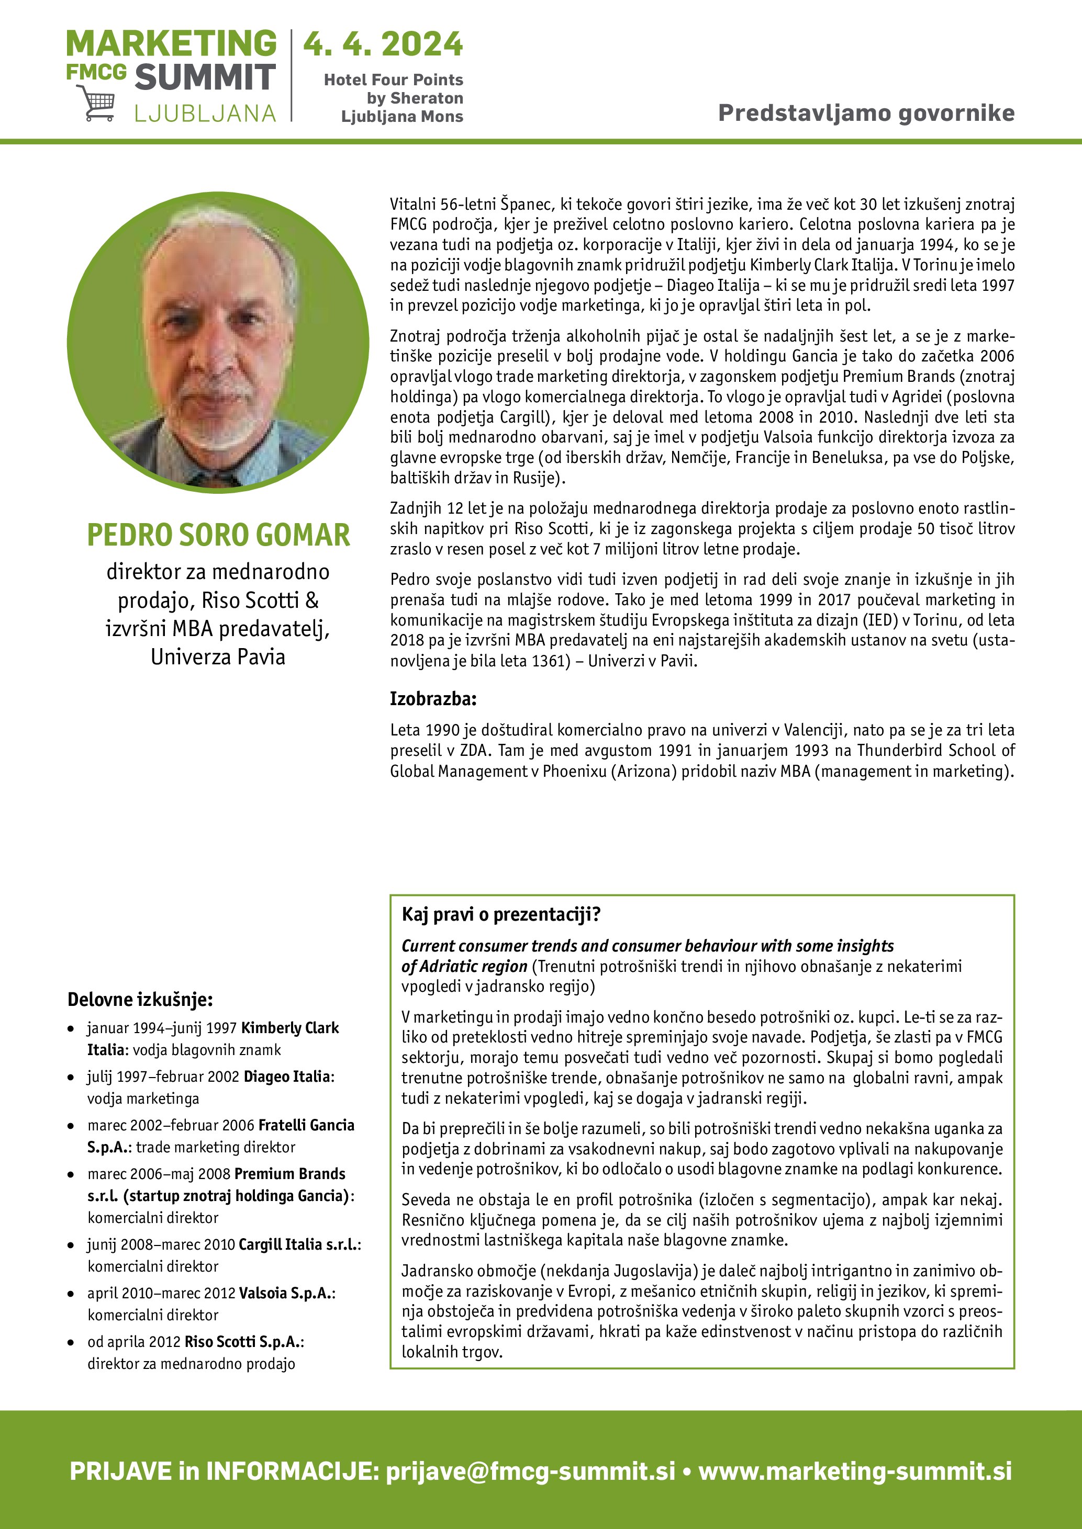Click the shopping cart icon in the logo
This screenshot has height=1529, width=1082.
pyautogui.click(x=95, y=104)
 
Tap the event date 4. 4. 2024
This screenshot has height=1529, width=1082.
pyautogui.click(x=383, y=44)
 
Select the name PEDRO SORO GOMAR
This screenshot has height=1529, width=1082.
pyautogui.click(x=218, y=535)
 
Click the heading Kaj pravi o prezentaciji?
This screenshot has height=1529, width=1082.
pyautogui.click(x=501, y=914)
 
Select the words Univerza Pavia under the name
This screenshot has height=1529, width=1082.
pyautogui.click(x=218, y=656)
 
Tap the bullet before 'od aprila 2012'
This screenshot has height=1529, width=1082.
pyautogui.click(x=71, y=1343)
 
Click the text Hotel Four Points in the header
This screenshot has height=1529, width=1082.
pyautogui.click(x=393, y=80)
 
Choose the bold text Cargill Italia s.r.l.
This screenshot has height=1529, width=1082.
pyautogui.click(x=298, y=1244)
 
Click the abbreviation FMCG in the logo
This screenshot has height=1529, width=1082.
pyautogui.click(x=96, y=72)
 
